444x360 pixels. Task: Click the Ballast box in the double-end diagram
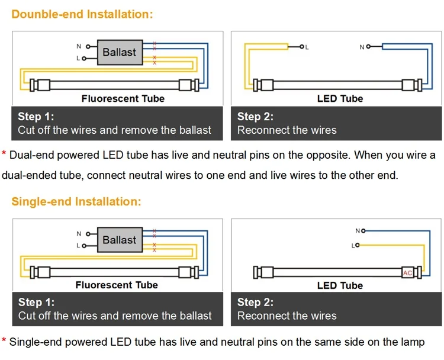click(x=119, y=52)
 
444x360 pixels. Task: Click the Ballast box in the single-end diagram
click(x=119, y=240)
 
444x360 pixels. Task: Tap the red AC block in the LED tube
click(x=407, y=272)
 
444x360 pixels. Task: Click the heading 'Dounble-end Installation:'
click(x=82, y=14)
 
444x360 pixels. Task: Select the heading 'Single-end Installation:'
click(x=76, y=201)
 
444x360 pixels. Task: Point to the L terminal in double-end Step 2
click(x=301, y=46)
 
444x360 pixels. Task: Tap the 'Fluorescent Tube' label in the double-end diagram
click(x=123, y=98)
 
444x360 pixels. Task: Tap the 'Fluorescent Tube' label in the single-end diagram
click(x=117, y=285)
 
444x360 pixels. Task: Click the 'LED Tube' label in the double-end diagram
click(x=340, y=98)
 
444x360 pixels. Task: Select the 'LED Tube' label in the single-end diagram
click(x=340, y=285)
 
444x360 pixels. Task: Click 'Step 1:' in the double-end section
click(x=36, y=117)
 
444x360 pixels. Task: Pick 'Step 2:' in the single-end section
click(x=255, y=302)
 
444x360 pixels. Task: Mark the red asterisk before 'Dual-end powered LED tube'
click(x=4, y=156)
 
